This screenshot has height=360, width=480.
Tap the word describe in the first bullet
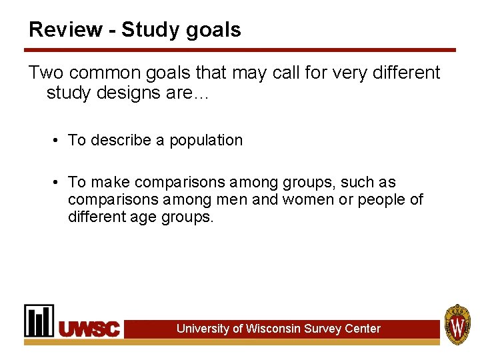pos(123,140)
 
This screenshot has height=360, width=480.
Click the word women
pos(303,199)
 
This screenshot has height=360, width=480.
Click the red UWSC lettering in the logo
pos(90,329)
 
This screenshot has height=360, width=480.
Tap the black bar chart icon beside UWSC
pos(39,321)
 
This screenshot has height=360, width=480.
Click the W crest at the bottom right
pos(458,325)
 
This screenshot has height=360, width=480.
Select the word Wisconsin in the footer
pos(273,329)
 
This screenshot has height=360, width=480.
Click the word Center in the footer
pos(363,329)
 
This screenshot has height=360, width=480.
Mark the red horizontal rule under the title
pos(240,50)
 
